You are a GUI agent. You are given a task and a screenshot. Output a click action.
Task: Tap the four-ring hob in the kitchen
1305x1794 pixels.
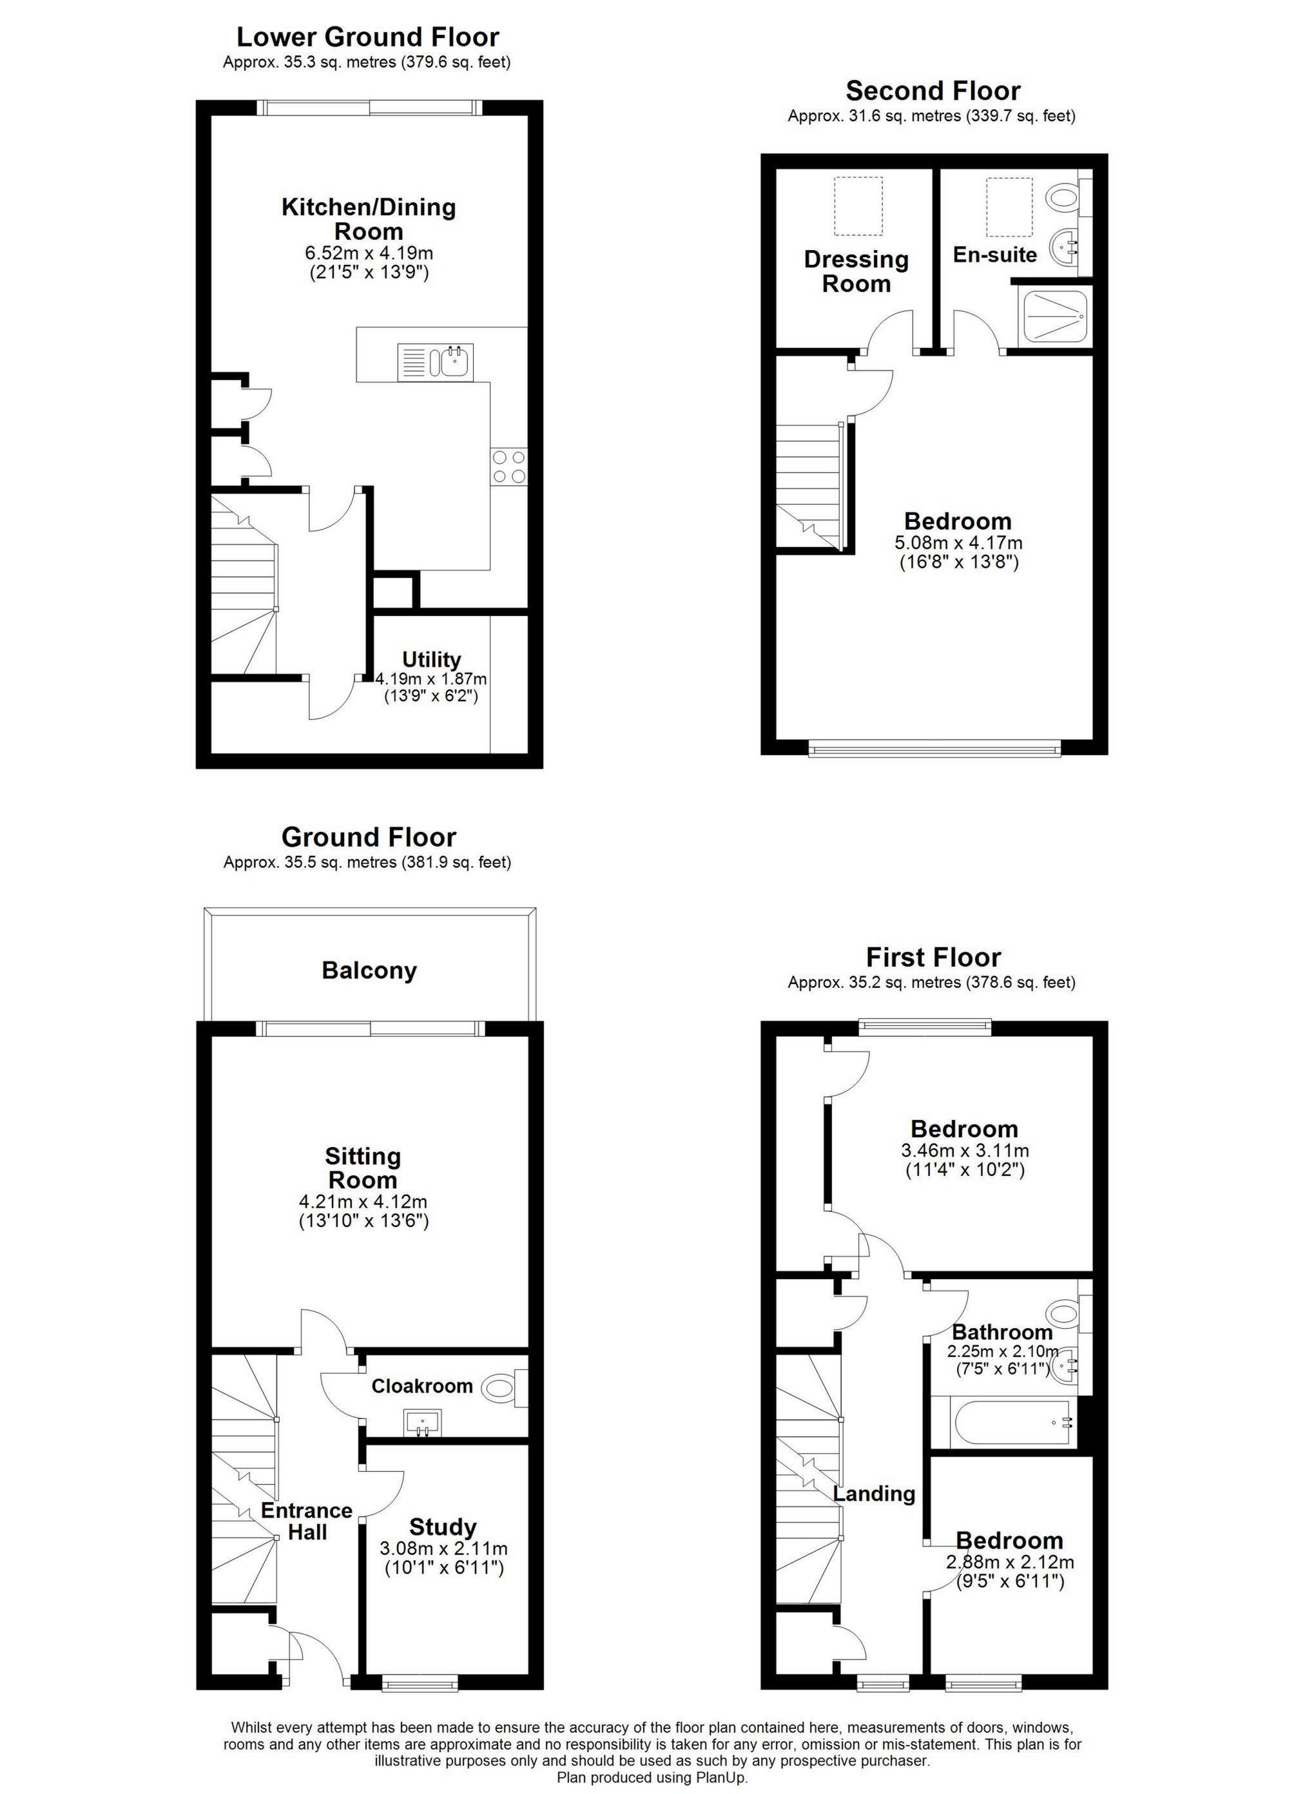(x=508, y=467)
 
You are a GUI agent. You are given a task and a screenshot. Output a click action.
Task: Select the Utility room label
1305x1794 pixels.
(x=431, y=660)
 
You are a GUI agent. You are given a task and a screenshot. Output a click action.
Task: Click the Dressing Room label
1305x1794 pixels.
(x=856, y=271)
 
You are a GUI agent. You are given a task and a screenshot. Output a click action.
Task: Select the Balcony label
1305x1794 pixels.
(x=369, y=970)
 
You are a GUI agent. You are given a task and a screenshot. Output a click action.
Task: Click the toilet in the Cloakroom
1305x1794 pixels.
(x=501, y=1387)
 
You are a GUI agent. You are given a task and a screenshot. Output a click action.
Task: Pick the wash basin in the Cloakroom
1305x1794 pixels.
(x=425, y=1423)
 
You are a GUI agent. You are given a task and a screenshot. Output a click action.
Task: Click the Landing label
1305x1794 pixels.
(x=874, y=1494)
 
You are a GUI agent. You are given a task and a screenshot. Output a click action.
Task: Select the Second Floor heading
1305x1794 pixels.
(x=933, y=91)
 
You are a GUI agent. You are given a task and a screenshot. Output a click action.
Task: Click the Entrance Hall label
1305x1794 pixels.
(x=307, y=1521)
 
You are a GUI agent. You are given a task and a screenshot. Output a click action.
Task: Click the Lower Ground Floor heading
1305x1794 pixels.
(x=368, y=37)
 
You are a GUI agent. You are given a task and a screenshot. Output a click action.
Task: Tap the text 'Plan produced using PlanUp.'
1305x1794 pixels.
(x=652, y=1778)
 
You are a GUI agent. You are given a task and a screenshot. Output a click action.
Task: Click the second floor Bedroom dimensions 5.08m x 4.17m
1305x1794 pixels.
(x=958, y=543)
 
